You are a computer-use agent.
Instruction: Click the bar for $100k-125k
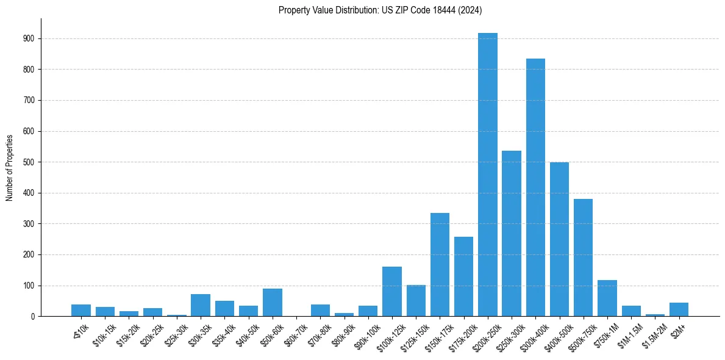392,292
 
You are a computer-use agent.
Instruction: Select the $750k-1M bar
607,298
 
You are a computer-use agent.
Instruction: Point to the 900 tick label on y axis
30,38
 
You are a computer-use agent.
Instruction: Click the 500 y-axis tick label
30,162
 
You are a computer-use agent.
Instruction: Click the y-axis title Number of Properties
10,167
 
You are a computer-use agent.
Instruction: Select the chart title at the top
380,10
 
